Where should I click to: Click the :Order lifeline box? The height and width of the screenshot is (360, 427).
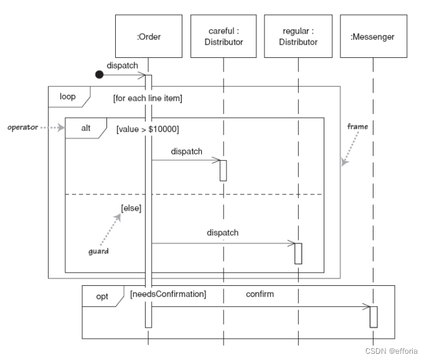pos(148,37)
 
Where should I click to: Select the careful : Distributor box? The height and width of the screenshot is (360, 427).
pos(223,37)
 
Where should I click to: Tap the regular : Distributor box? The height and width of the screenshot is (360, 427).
pos(298,37)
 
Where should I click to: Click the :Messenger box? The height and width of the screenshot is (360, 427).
pos(372,37)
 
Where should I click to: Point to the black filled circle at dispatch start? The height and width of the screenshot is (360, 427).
pos(99,75)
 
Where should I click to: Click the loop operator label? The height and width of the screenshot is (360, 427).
pos(68,97)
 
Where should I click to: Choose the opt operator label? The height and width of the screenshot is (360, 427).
pos(102,296)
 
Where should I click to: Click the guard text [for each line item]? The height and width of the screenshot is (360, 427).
pos(147,98)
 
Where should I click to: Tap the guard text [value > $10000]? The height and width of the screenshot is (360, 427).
pos(148,129)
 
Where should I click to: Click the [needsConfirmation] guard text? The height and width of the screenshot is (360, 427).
pos(168,293)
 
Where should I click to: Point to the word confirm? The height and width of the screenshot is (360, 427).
pos(260,293)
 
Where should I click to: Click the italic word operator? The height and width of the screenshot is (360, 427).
pos(22,127)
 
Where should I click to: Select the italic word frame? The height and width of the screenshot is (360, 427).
pos(357,126)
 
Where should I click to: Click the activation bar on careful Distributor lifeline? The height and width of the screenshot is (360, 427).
pos(223,170)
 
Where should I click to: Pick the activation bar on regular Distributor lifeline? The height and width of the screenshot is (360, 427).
pos(298,253)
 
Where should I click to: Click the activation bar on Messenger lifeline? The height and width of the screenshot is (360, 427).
pos(373,316)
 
